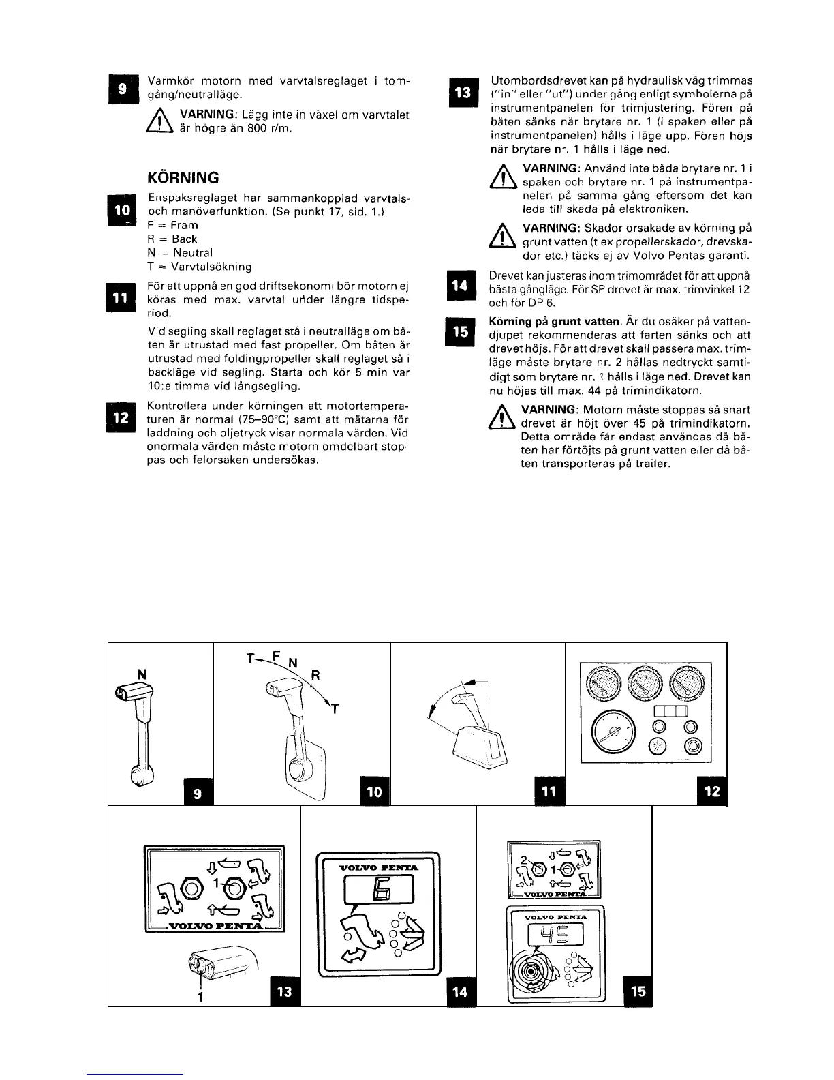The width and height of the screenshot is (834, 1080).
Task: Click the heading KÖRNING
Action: [183, 178]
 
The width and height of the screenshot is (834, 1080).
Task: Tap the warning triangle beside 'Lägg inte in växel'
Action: [157, 122]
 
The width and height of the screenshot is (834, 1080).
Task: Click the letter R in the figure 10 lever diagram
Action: [315, 676]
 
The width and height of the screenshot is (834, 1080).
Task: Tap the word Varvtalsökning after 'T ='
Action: [211, 267]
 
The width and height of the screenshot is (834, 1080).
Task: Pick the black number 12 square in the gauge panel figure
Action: [713, 792]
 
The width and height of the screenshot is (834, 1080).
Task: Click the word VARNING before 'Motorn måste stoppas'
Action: [549, 410]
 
